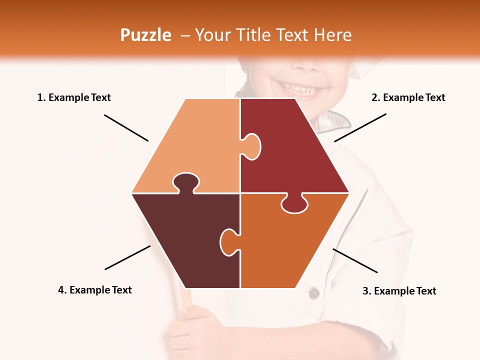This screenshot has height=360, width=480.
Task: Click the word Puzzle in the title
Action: pos(145,35)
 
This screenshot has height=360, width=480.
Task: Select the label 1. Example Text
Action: pos(74,97)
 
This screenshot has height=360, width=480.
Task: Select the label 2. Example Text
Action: pos(408,97)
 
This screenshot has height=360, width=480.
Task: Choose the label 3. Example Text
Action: pos(399,291)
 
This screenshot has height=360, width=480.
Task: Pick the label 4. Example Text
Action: pos(95,290)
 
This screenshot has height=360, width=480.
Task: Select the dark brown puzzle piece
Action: pos(180,240)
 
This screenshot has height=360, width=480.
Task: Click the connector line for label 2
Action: pos(360,127)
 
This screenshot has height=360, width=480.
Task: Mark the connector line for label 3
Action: pos(355,260)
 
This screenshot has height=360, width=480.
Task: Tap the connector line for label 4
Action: pos(127,257)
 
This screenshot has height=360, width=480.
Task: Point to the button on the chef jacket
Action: pos(313,293)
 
